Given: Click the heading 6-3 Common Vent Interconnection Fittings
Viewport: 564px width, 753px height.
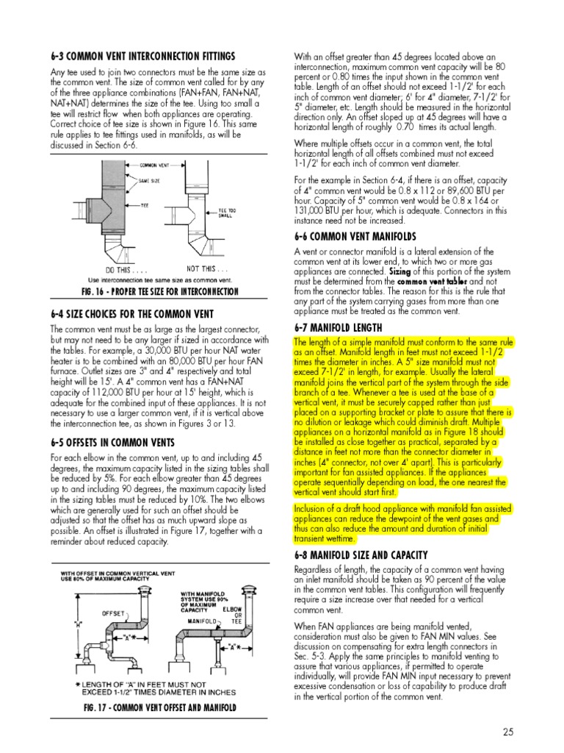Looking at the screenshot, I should (142, 56).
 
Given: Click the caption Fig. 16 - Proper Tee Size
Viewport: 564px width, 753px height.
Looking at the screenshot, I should (155, 291).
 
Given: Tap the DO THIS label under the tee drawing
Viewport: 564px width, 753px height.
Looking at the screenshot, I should (120, 268).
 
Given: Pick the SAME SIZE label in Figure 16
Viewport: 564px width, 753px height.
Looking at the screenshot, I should (150, 180).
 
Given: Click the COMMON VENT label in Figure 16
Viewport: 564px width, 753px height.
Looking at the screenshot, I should (156, 166).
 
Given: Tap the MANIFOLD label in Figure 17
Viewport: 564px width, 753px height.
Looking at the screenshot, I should (201, 621).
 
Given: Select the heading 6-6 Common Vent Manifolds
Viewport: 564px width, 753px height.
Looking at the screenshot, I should (355, 236).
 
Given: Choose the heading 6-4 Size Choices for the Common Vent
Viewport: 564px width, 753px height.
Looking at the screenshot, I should (131, 314).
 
